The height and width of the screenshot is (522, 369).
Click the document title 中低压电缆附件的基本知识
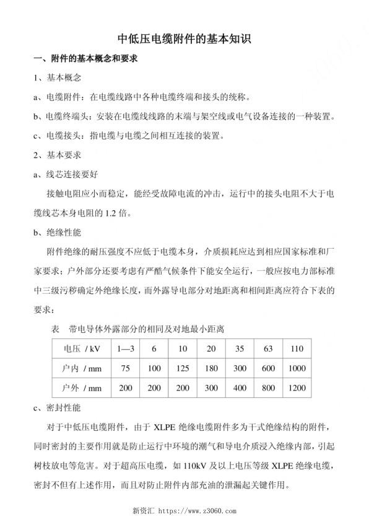click(x=184, y=39)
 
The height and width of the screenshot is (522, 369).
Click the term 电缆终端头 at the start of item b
click(x=66, y=116)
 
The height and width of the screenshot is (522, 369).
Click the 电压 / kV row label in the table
click(x=79, y=348)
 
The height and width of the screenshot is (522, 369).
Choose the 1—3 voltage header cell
click(x=125, y=348)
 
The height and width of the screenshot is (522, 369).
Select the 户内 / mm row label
click(x=79, y=368)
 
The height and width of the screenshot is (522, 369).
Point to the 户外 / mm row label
click(x=79, y=389)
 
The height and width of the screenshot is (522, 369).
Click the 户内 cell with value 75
click(x=125, y=368)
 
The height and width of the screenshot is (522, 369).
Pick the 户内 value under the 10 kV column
click(x=183, y=368)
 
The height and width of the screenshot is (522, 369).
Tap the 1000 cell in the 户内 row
click(x=297, y=368)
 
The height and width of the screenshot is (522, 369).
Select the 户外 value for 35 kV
click(x=240, y=389)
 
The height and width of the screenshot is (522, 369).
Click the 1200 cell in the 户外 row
click(x=297, y=389)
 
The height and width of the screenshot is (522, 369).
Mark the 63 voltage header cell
click(x=268, y=348)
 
